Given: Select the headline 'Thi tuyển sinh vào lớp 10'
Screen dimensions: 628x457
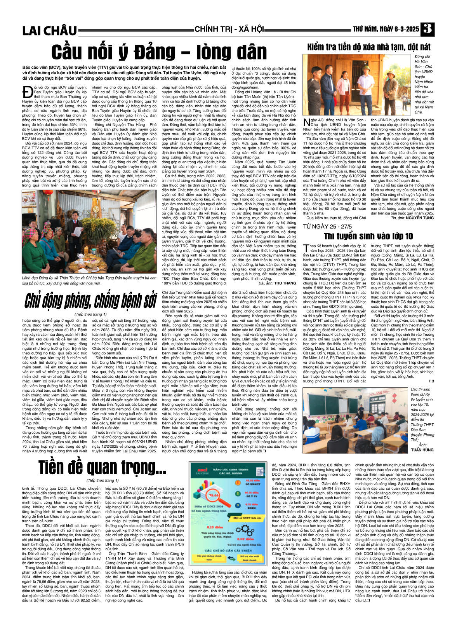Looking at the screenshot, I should click(368, 236).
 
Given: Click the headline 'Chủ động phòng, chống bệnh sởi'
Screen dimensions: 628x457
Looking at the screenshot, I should click(90, 301).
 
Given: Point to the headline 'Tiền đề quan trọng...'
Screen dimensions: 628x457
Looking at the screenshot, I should click(102, 468).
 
